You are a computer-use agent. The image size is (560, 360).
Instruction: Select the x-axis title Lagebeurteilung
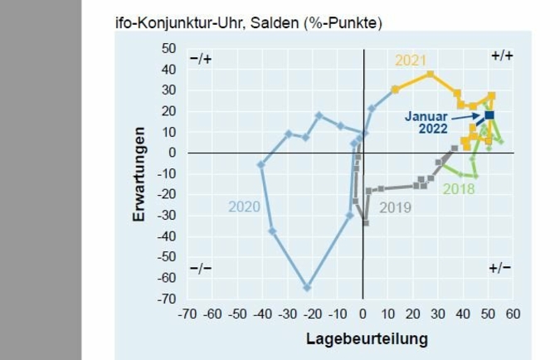(367, 338)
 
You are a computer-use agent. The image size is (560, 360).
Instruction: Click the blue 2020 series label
(245, 207)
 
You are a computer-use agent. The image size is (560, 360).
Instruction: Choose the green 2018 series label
(459, 189)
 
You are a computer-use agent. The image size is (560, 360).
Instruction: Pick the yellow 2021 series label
(411, 60)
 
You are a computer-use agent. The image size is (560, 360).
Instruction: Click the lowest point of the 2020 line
(307, 287)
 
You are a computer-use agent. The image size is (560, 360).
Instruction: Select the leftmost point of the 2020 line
(261, 164)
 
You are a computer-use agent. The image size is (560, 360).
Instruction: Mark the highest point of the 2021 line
(431, 74)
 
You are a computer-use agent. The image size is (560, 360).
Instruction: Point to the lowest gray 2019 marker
(365, 223)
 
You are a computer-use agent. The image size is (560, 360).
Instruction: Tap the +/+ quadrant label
(502, 56)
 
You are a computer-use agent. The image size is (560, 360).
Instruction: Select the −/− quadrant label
(201, 269)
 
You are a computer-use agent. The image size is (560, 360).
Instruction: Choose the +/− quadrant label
(500, 268)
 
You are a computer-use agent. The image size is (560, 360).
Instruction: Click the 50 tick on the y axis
(168, 48)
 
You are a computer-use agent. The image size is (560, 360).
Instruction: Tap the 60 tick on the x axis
(513, 315)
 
